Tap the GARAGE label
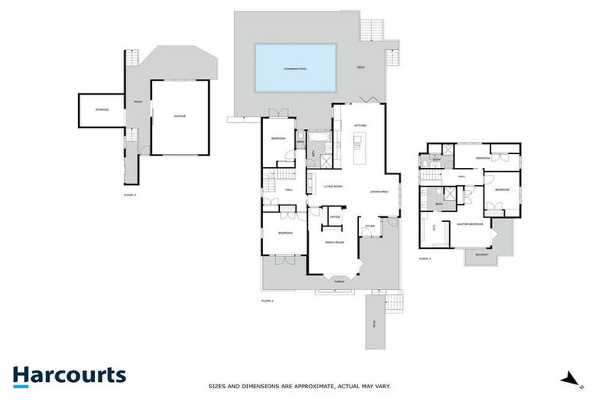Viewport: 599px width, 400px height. [179, 116]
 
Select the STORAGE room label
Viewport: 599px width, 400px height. [101, 110]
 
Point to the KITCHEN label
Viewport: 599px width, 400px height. [360, 125]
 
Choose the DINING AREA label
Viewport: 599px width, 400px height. [379, 191]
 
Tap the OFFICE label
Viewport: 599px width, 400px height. [335, 217]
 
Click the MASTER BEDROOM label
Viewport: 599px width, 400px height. [471, 224]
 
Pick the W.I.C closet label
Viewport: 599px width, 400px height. [434, 228]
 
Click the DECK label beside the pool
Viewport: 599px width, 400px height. [361, 67]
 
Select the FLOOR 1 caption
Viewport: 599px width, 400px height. [129, 194]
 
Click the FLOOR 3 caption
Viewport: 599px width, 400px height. [425, 258]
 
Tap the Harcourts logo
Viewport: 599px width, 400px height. [69, 376]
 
